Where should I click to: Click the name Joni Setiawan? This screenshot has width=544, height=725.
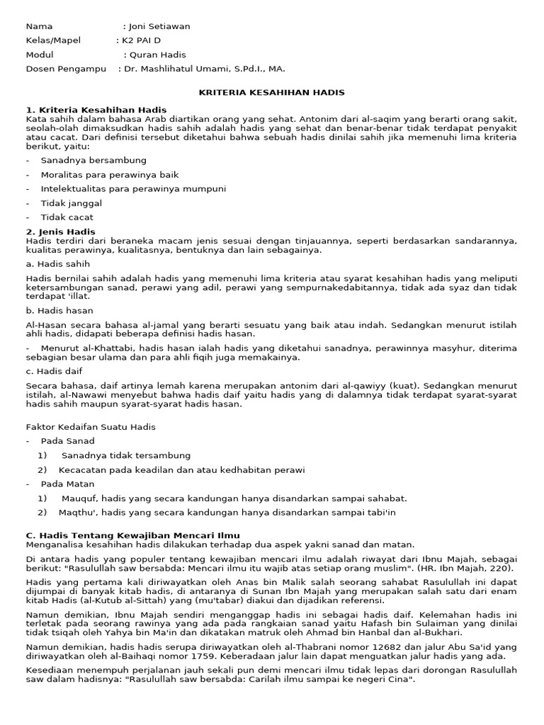(159, 26)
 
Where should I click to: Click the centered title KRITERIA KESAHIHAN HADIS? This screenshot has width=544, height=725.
(271, 93)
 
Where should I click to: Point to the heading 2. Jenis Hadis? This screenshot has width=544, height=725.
(60, 232)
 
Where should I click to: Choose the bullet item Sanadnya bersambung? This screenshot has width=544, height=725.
(93, 161)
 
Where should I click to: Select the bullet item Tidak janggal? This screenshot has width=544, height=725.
(72, 203)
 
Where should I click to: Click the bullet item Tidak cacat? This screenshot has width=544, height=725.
(67, 217)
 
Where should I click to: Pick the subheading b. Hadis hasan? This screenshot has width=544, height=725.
(59, 311)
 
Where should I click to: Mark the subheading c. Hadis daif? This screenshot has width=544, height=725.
(55, 371)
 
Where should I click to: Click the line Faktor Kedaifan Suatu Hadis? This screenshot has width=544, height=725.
(91, 427)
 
